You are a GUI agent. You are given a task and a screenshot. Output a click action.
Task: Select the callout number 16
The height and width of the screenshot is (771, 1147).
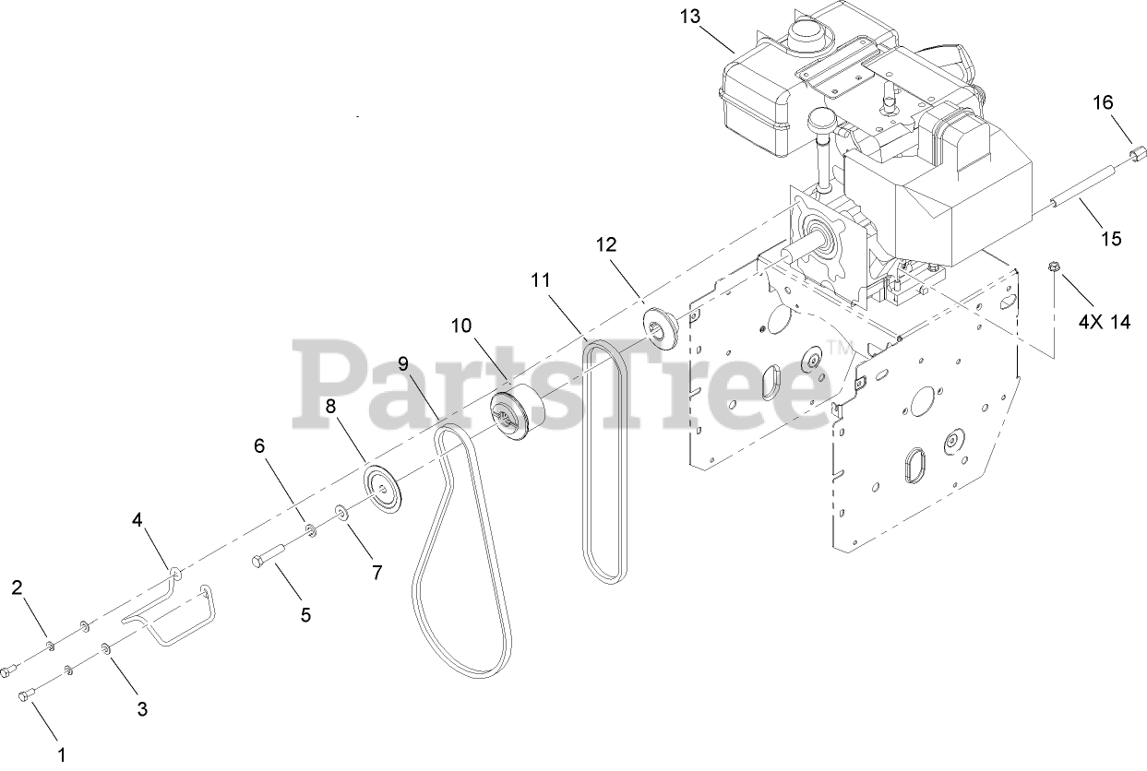[x=1104, y=101]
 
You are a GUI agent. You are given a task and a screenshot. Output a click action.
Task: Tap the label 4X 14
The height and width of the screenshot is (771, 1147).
[x=1105, y=322]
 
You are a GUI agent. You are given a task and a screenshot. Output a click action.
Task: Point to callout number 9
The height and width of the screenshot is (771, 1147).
[x=403, y=363]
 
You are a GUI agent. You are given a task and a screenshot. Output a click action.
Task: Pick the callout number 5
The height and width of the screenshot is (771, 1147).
[x=305, y=613]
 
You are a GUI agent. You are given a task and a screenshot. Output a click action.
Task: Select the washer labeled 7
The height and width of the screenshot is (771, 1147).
[x=341, y=511]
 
